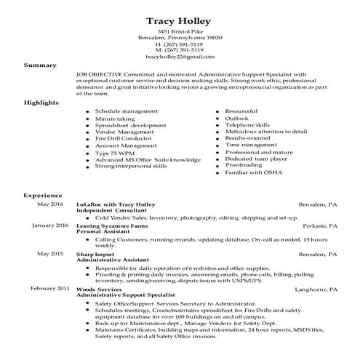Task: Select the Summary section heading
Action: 39,65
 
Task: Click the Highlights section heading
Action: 42,103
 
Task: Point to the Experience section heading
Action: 43,196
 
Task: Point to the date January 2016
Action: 50,225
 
